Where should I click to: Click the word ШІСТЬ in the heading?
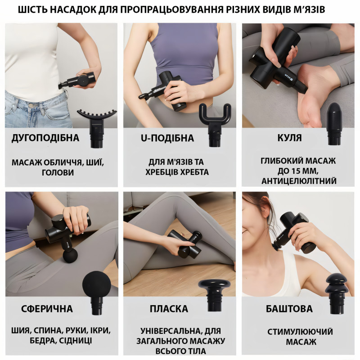[32, 9]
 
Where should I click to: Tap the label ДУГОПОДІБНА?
[45, 138]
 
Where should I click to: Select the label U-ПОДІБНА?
[167, 138]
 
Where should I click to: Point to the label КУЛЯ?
[289, 138]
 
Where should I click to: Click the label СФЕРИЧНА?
[47, 309]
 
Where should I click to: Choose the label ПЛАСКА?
[169, 309]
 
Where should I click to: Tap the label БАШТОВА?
[289, 309]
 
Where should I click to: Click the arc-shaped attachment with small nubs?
[97, 128]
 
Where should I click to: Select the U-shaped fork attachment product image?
[215, 125]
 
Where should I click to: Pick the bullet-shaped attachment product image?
[334, 124]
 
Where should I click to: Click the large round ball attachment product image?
[97, 293]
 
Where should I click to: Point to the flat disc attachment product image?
[215, 296]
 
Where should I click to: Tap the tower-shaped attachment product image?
[337, 294]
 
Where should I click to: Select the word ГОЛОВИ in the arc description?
[58, 172]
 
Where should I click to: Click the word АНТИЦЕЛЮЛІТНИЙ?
[299, 181]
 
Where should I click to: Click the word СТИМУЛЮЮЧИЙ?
[300, 332]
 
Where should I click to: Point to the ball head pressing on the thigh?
[70, 256]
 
